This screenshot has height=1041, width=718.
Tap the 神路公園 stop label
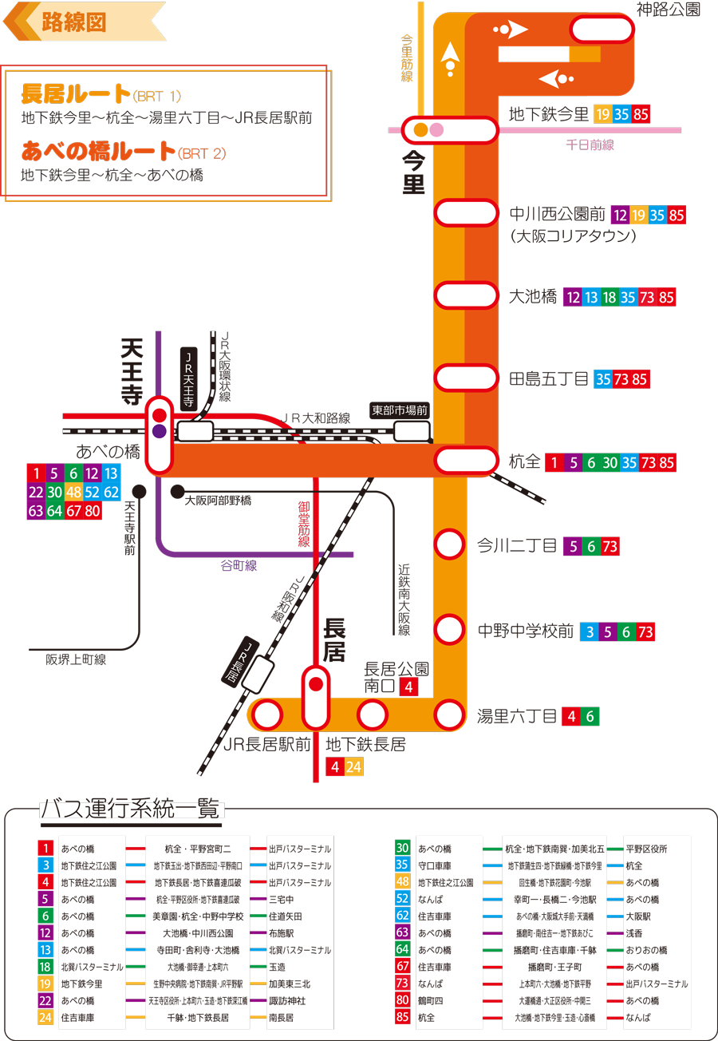tap(669, 10)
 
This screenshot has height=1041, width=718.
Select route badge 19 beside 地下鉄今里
tap(603, 114)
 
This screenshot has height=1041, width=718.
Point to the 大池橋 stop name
tap(532, 297)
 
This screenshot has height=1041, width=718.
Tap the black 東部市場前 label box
tap(400, 410)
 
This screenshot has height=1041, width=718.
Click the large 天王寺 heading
tap(132, 372)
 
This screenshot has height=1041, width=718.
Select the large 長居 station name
tap(334, 639)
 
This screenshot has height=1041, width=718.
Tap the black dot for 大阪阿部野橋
tap(177, 491)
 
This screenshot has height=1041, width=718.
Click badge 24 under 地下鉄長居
tap(354, 767)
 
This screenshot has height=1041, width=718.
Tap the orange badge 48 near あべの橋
tap(74, 492)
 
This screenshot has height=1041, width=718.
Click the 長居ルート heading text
tap(76, 94)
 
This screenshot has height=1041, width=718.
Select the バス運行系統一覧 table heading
tap(132, 809)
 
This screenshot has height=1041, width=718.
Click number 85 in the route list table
tap(403, 1017)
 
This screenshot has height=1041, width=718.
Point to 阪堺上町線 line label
tap(77, 659)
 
